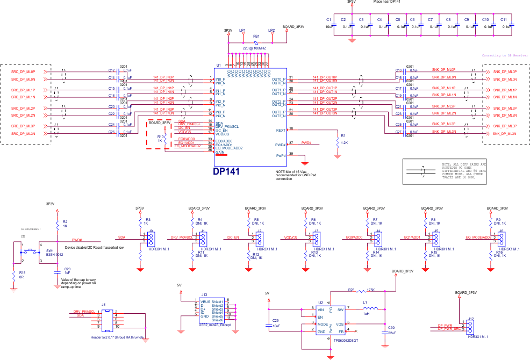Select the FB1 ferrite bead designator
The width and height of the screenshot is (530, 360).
point(256,36)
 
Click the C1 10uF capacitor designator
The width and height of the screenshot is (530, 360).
point(328,19)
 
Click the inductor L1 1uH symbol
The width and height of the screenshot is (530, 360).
point(370,309)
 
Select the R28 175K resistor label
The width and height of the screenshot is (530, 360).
point(360,290)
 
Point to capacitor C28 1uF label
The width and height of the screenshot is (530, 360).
point(67,271)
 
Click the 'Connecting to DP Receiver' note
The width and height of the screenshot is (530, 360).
point(505,55)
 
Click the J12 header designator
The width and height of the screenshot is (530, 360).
point(471,319)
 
